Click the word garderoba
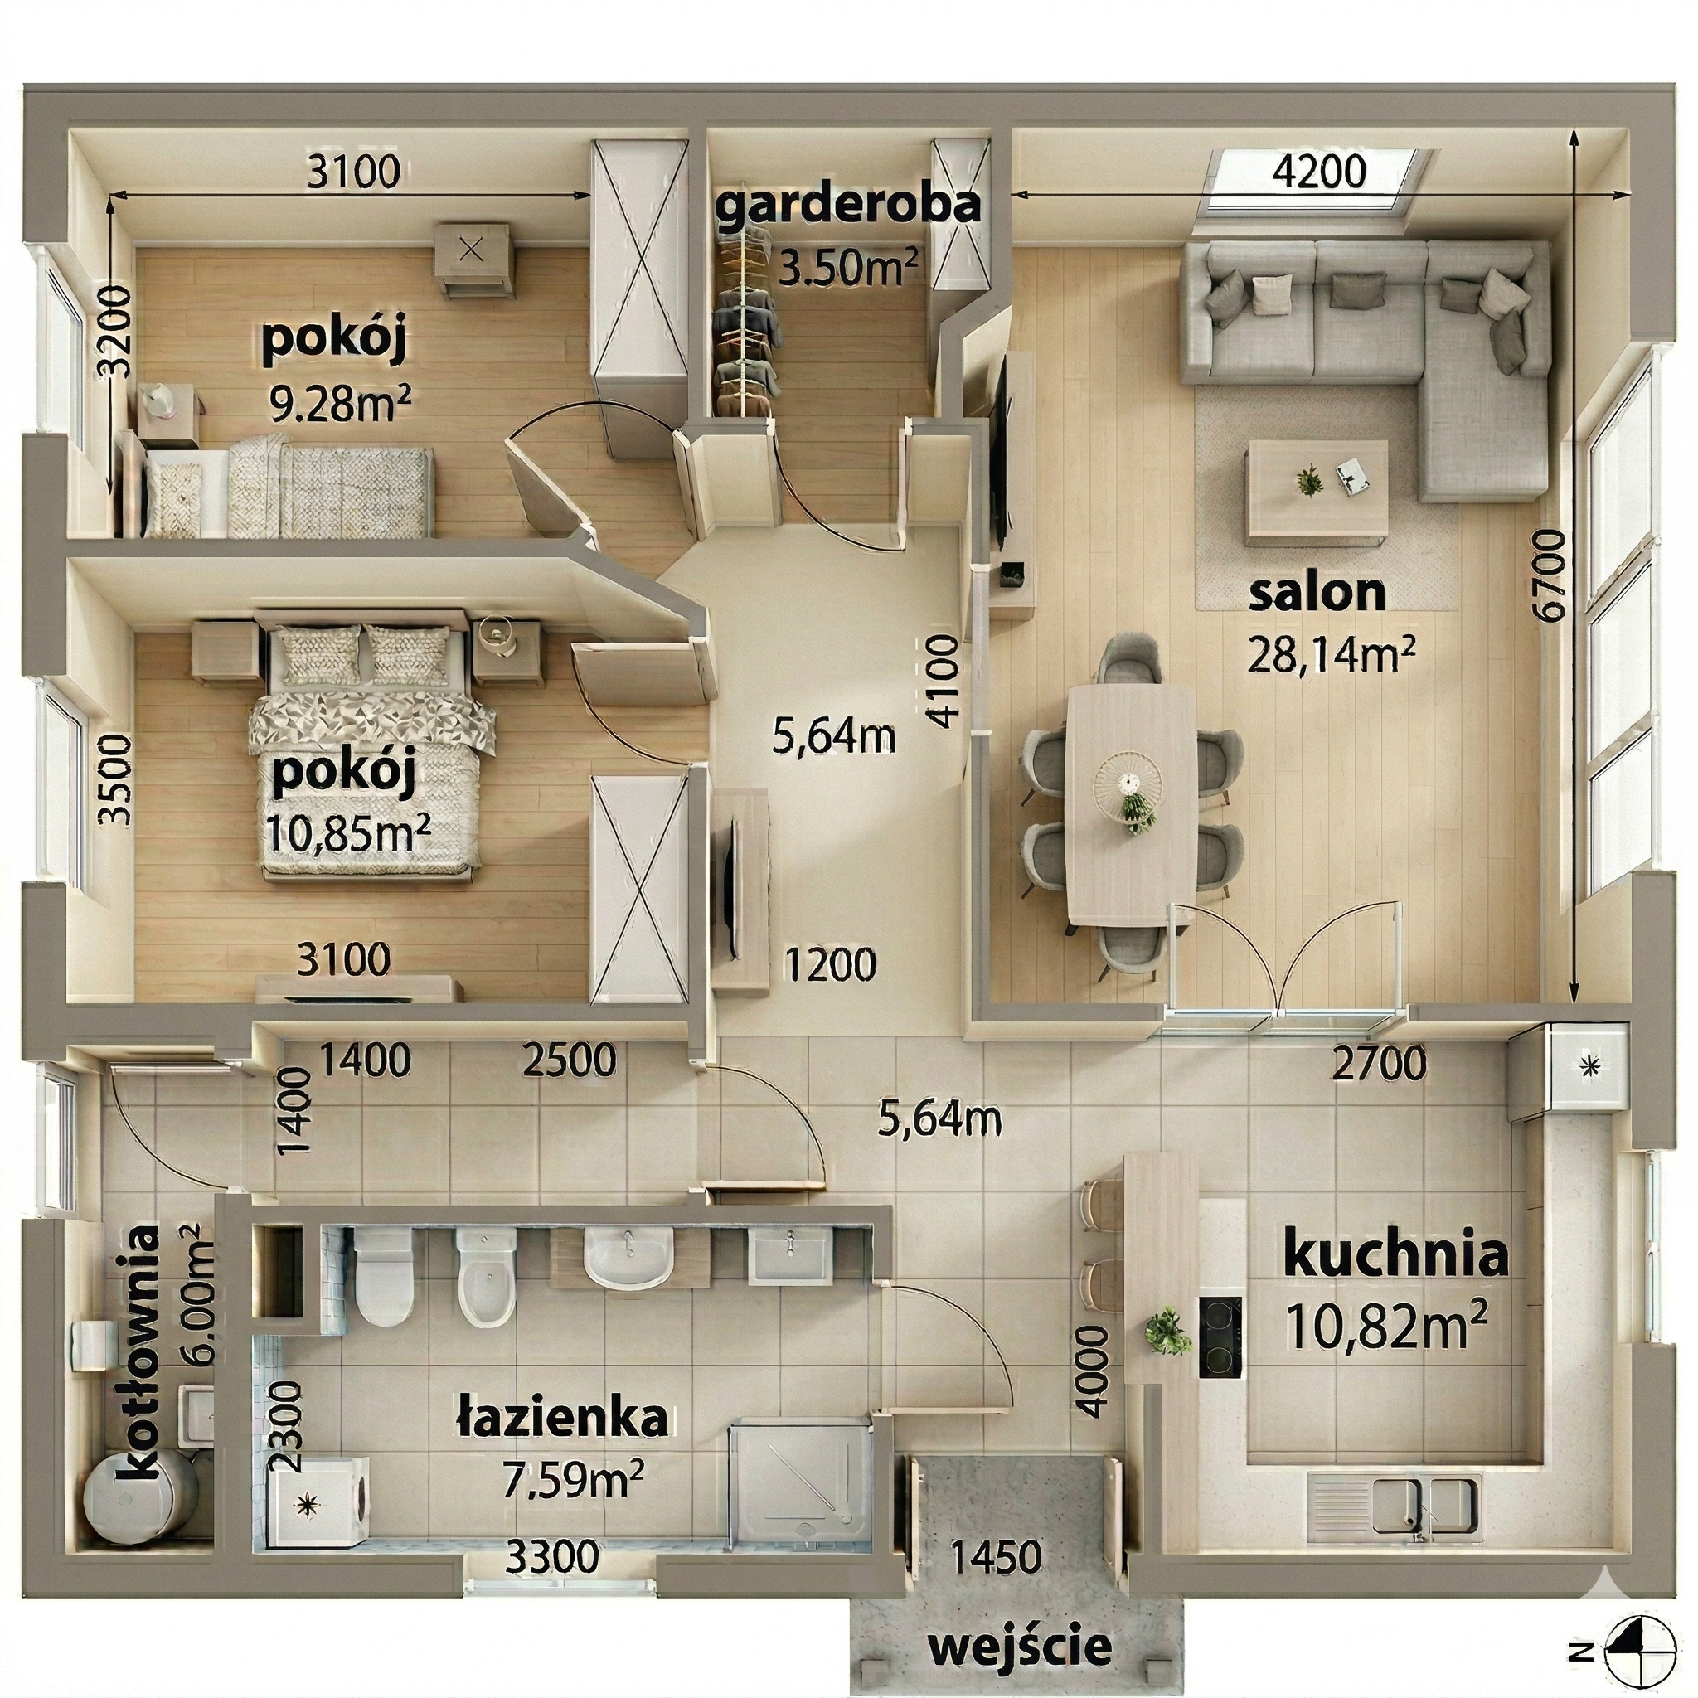(848, 206)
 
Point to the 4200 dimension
(1319, 171)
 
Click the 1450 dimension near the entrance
(997, 1556)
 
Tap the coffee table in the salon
(1317, 487)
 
